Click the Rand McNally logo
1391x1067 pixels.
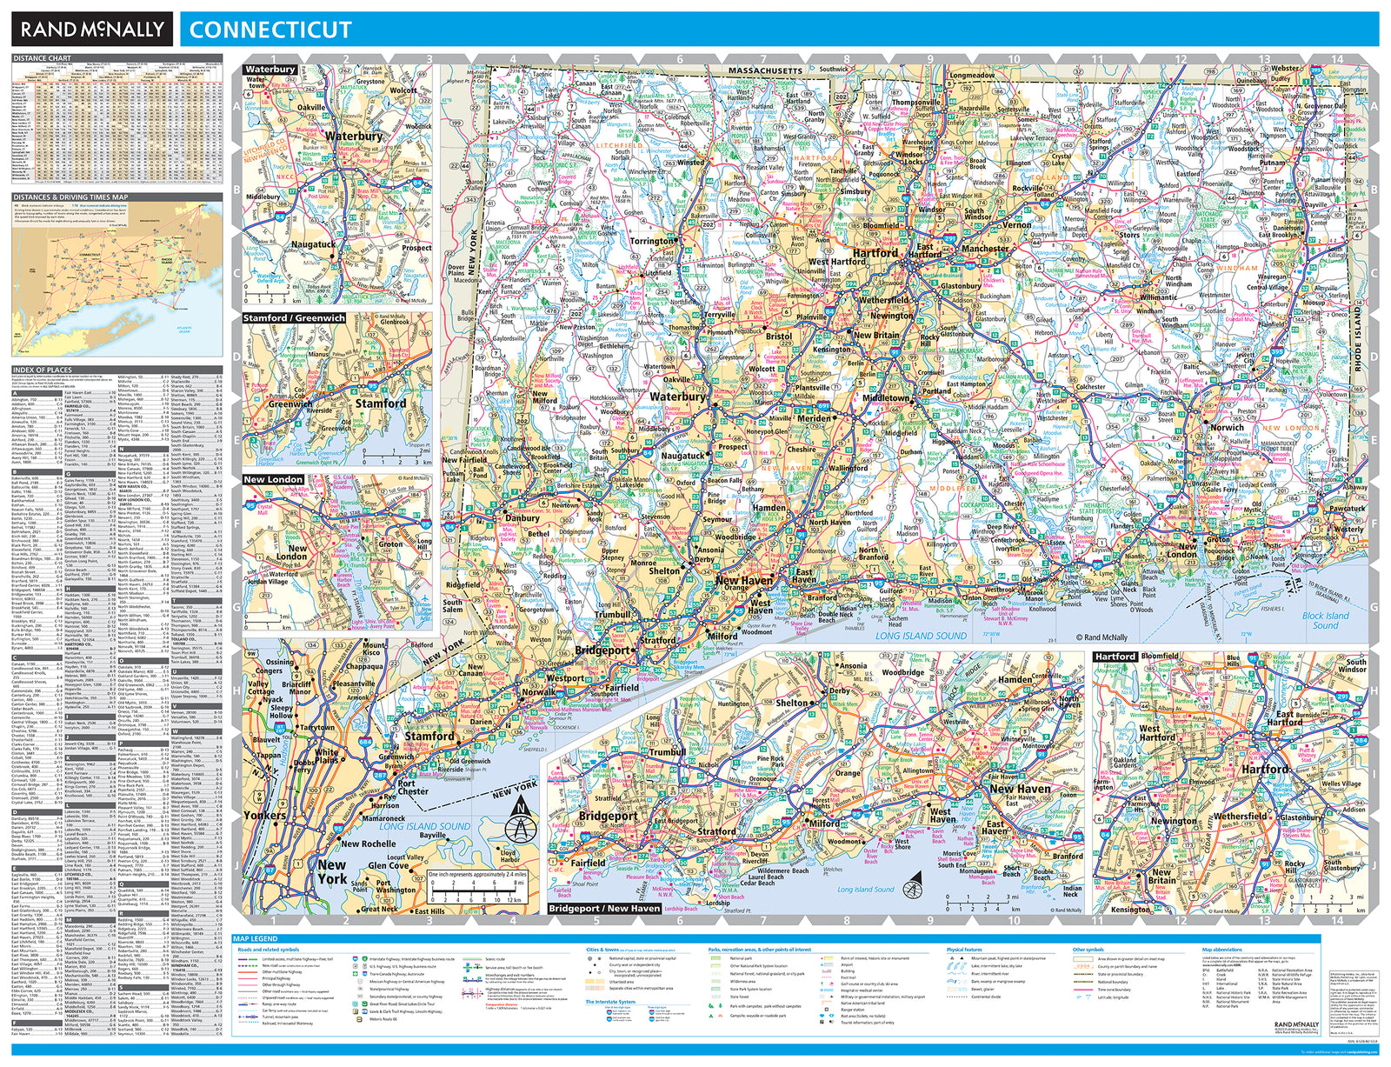(92, 30)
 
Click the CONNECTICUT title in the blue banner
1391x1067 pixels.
(270, 30)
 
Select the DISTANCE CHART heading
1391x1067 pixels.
(42, 58)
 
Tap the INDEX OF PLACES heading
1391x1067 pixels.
(42, 370)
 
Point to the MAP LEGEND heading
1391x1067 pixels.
(256, 939)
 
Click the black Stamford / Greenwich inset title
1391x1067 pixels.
(294, 318)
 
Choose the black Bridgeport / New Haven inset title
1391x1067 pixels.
(605, 908)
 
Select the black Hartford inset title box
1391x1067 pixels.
(1115, 657)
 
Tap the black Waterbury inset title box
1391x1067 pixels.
(270, 70)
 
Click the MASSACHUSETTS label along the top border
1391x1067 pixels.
(765, 70)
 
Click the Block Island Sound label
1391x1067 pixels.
(1325, 620)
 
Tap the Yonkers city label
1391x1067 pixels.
(264, 815)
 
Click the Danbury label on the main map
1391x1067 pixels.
(522, 517)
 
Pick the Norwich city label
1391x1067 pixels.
(1227, 427)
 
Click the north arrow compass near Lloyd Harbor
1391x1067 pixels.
(520, 822)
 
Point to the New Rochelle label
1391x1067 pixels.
(368, 844)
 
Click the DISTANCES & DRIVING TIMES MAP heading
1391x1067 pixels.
(70, 197)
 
